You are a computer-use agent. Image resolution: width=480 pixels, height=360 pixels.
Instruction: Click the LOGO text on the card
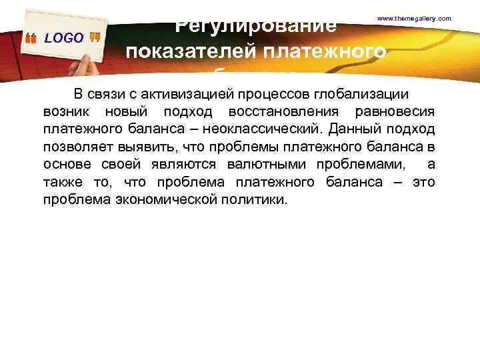tap(64, 38)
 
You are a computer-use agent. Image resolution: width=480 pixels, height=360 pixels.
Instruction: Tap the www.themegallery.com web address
tap(414, 18)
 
